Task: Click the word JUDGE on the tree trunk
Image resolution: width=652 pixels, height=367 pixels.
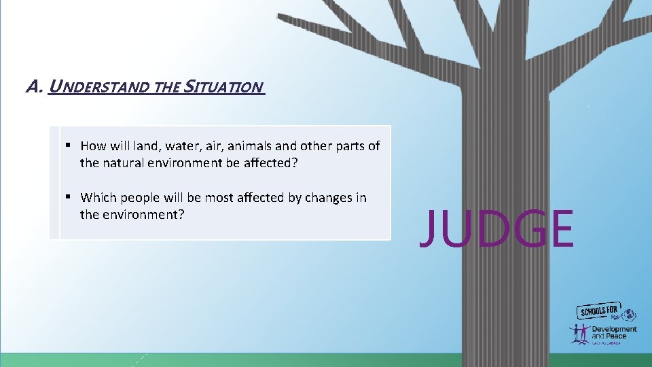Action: pyautogui.click(x=496, y=229)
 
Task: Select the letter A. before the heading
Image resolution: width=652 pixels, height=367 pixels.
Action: pyautogui.click(x=34, y=87)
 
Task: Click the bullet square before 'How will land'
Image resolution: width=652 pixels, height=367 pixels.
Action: pyautogui.click(x=69, y=145)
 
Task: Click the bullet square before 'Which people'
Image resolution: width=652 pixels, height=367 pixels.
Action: pyautogui.click(x=69, y=197)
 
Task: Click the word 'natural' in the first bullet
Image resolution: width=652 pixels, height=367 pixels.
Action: pyautogui.click(x=127, y=163)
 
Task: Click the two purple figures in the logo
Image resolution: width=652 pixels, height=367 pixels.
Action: pyautogui.click(x=579, y=333)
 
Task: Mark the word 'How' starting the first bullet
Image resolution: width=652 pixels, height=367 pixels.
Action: pyautogui.click(x=92, y=146)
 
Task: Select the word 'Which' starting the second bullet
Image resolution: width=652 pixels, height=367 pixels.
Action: pyautogui.click(x=98, y=198)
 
